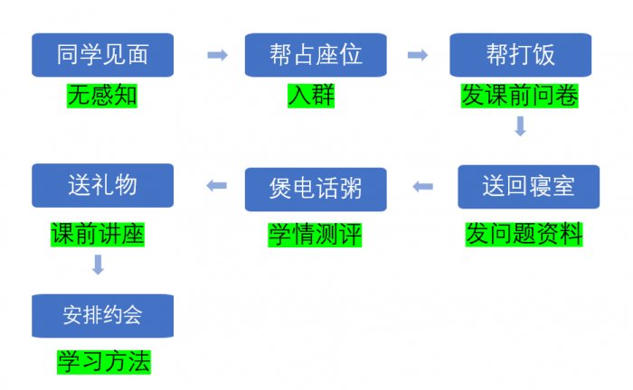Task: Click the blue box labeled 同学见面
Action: click(x=102, y=55)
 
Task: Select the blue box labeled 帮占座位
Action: click(x=316, y=55)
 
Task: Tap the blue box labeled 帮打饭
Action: click(x=520, y=55)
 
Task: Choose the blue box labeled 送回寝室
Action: click(x=528, y=187)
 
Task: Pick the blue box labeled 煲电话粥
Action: click(x=316, y=189)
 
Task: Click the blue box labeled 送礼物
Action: click(x=102, y=185)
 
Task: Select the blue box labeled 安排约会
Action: click(x=102, y=315)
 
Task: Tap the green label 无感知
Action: click(x=102, y=95)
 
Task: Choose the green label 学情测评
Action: click(x=316, y=234)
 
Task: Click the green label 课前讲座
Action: click(x=99, y=234)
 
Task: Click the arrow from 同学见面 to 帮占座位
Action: click(x=217, y=55)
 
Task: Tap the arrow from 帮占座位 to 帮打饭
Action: click(x=417, y=55)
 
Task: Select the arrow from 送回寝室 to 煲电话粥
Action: click(x=422, y=187)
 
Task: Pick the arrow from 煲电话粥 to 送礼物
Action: click(x=217, y=186)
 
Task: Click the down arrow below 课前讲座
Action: click(x=99, y=265)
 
